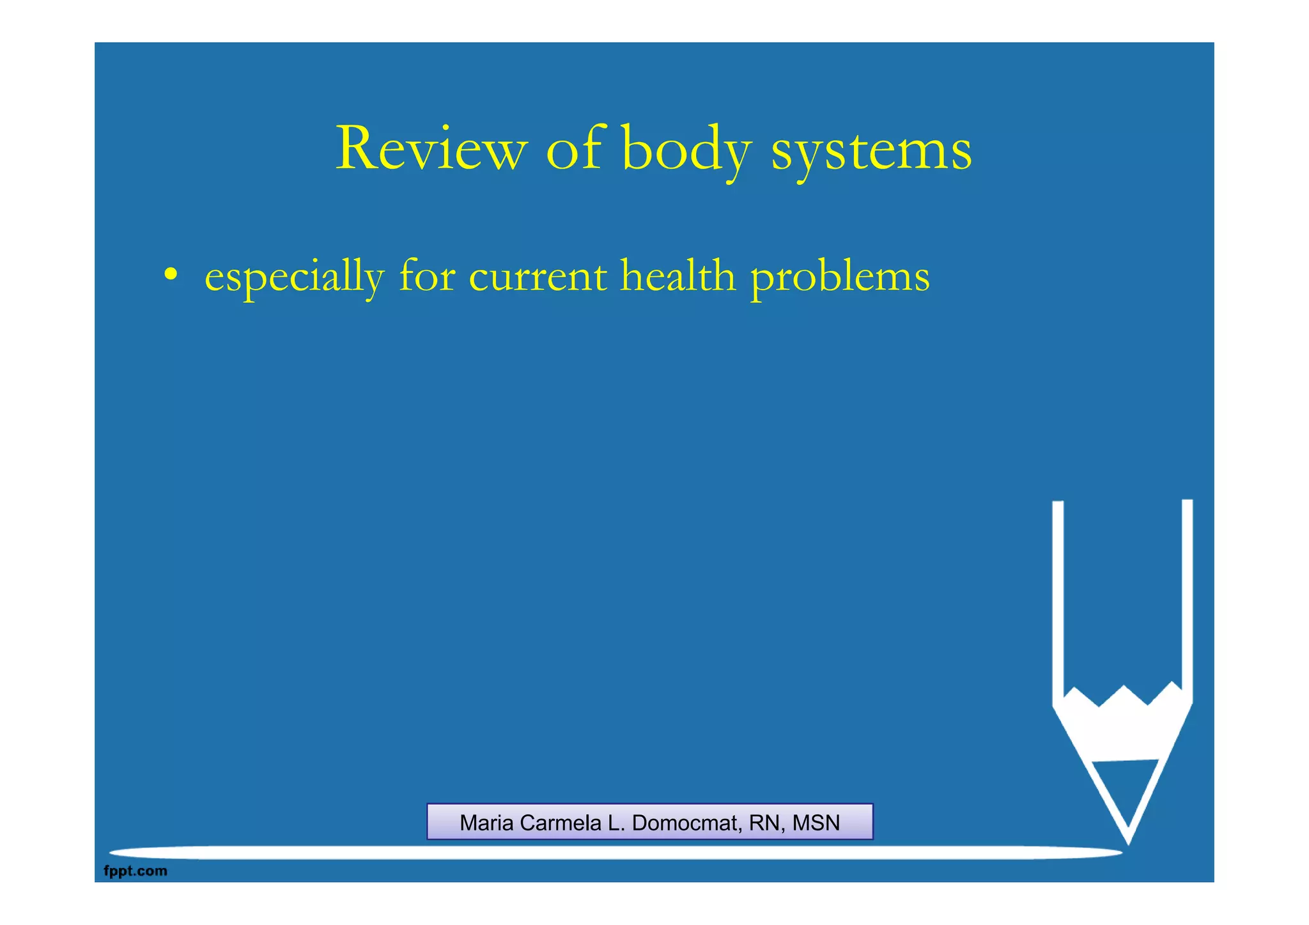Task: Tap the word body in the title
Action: pos(686,148)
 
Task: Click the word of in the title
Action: pos(575,148)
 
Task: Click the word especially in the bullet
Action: pos(294,277)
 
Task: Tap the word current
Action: pos(538,277)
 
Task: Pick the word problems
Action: pos(840,278)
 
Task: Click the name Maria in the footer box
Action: pos(486,823)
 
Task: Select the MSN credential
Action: pos(816,823)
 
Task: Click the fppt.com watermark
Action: pos(136,871)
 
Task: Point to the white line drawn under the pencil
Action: pos(614,853)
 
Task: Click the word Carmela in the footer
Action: pos(561,823)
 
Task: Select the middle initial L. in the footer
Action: pos(616,823)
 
